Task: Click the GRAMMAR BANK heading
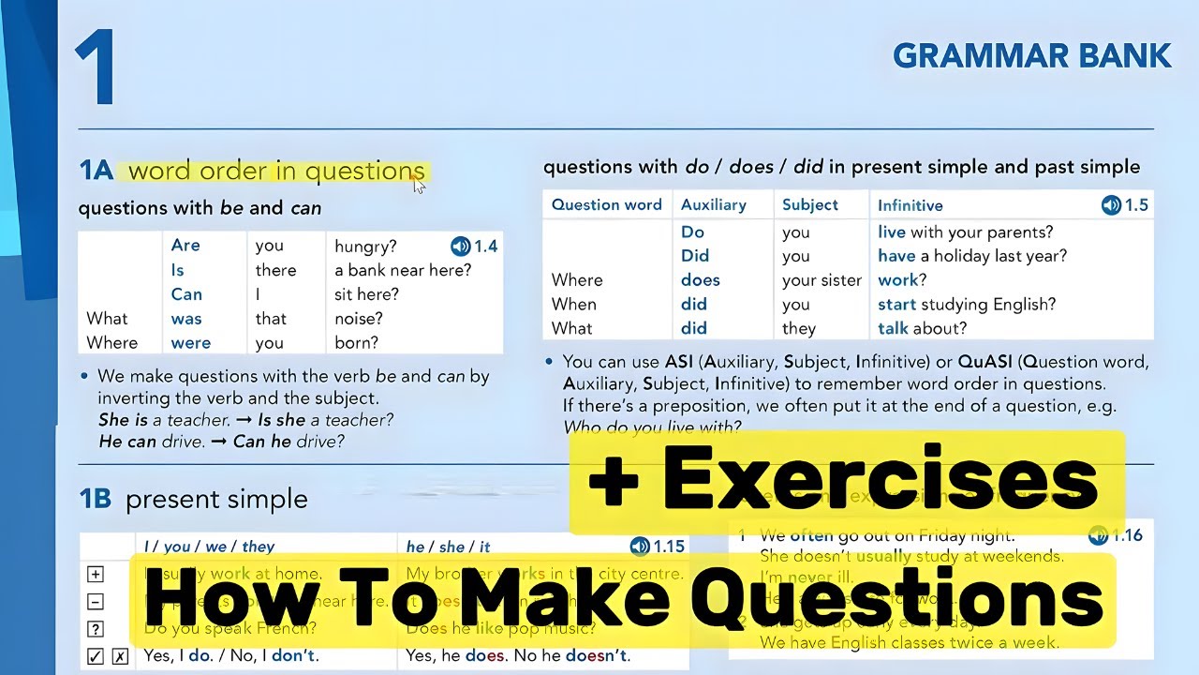coord(1031,56)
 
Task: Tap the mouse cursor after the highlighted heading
coord(419,185)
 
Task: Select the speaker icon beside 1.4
coord(460,247)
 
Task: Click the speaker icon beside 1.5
coord(1111,204)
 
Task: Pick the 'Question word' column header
coord(606,204)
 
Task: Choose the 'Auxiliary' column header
coord(713,204)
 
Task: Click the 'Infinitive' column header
coord(910,204)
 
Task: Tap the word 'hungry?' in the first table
coord(365,246)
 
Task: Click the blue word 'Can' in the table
coord(186,294)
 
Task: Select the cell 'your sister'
coord(822,279)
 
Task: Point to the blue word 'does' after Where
coord(700,279)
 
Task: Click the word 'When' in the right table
coord(573,304)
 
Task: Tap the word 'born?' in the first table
coord(357,343)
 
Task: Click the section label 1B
coord(95,499)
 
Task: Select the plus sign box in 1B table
coord(96,575)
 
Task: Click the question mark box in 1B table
coord(96,629)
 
